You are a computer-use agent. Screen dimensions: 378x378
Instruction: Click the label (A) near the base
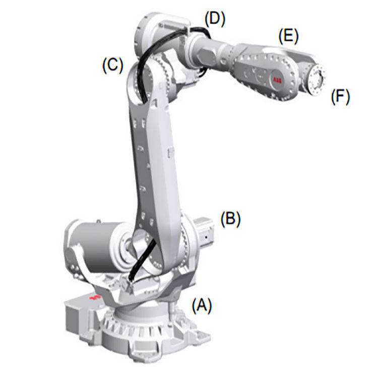pyautogui.click(x=202, y=305)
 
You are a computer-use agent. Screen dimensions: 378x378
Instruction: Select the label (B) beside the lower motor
pyautogui.click(x=231, y=219)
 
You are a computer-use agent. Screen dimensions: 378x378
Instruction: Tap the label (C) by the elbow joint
pyautogui.click(x=112, y=66)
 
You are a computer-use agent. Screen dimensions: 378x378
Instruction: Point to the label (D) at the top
pyautogui.click(x=215, y=19)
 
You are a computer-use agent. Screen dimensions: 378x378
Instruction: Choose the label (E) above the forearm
pyautogui.click(x=288, y=36)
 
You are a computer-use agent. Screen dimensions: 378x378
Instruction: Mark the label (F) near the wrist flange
pyautogui.click(x=340, y=96)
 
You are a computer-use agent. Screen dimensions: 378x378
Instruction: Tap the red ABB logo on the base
pyautogui.click(x=95, y=297)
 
